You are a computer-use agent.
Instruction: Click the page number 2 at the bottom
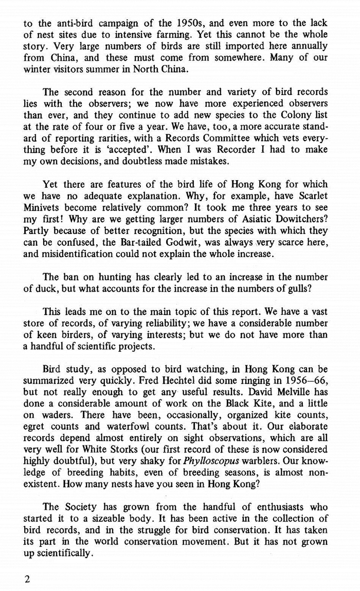coord(28,579)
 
